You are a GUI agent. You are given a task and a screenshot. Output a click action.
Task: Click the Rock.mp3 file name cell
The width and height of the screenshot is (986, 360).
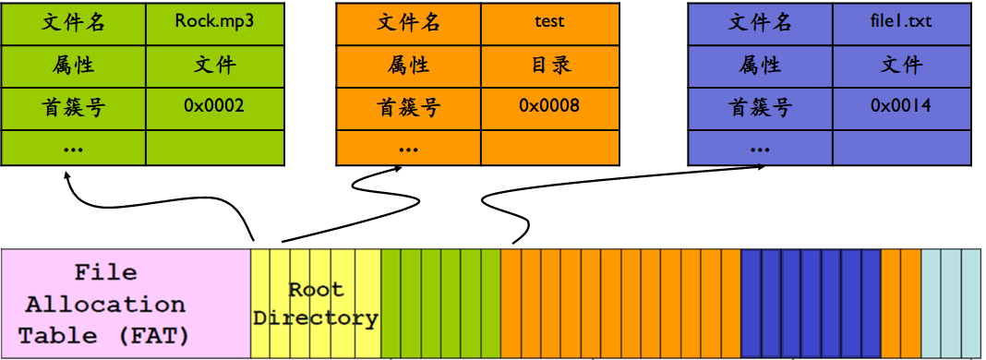point(214,23)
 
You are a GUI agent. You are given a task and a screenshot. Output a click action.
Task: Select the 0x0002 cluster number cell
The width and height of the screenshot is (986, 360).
point(214,106)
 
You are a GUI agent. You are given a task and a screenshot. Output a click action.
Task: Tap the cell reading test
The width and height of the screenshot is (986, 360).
point(549,23)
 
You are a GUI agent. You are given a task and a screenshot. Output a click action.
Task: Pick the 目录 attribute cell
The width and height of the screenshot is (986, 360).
point(549,65)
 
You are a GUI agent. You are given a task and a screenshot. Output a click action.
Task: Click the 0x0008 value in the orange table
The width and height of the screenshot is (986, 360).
point(549,106)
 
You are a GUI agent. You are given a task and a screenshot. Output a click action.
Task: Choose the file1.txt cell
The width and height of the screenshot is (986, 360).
point(900,23)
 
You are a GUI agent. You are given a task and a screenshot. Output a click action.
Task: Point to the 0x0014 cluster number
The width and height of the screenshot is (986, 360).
point(900,106)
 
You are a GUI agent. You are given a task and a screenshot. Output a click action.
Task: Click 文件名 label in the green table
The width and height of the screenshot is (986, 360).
point(74,23)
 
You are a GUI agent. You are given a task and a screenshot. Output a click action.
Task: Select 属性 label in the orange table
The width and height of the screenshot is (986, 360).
point(408,65)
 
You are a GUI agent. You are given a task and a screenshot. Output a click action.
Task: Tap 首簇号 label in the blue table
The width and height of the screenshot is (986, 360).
point(760,106)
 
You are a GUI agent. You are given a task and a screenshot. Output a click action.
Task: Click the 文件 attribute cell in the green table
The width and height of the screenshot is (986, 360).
point(214,65)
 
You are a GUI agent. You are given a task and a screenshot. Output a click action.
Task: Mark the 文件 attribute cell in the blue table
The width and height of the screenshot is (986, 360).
point(900,65)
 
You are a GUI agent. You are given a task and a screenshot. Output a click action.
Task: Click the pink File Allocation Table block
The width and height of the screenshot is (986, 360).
point(126,303)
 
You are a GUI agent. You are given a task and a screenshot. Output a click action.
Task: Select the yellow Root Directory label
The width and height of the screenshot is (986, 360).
point(316,304)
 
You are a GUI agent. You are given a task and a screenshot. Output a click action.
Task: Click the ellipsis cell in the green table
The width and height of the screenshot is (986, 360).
point(74,148)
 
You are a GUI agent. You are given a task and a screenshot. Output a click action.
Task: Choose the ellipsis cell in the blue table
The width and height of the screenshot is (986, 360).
point(760,148)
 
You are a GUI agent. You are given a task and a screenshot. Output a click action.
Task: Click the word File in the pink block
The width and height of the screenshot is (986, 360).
point(105,273)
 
